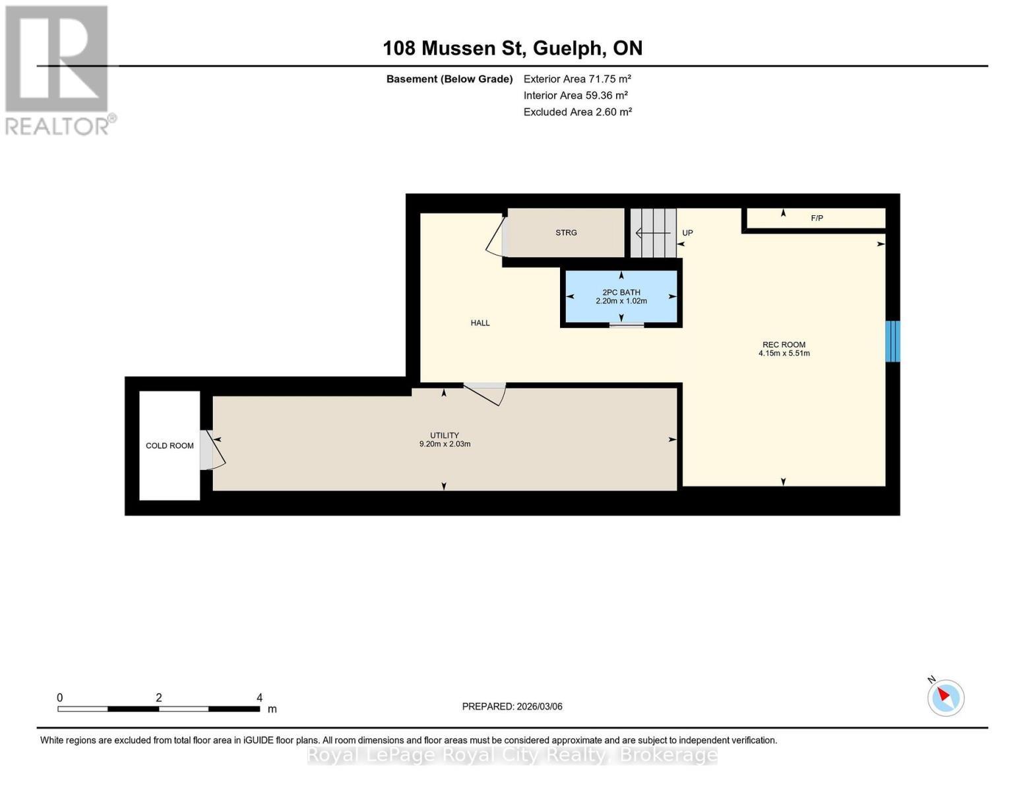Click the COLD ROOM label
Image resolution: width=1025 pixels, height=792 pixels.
170,445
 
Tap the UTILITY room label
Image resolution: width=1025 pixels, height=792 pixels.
445,435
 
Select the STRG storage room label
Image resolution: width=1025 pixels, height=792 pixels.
566,232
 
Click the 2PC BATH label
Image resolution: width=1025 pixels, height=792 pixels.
621,292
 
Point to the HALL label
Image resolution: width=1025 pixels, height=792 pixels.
480,323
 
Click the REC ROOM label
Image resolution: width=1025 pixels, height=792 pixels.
784,345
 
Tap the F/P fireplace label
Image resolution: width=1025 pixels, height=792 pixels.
817,218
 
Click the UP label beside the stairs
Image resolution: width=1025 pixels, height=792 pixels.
687,233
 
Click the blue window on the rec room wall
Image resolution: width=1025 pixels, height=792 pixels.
892,341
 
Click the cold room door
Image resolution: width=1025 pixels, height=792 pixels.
212,450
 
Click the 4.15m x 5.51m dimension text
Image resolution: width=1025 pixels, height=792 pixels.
784,354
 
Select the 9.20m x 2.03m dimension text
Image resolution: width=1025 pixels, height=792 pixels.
445,444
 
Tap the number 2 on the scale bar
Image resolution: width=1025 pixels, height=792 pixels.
159,698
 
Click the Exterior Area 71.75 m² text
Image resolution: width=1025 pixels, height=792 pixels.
577,79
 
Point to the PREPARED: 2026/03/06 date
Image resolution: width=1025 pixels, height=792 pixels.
512,706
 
